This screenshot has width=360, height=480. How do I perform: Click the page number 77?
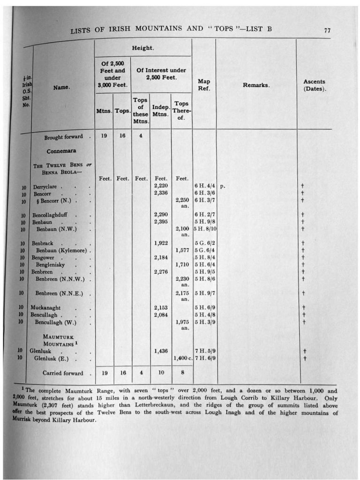click(x=327, y=30)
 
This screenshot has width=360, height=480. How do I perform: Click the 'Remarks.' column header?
click(x=255, y=85)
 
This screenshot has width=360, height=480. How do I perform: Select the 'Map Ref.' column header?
click(x=204, y=85)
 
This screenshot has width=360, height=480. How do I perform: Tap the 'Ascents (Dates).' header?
click(x=314, y=85)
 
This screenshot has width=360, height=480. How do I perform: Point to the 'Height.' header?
click(x=142, y=48)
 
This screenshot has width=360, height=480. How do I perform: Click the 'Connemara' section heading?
click(x=61, y=151)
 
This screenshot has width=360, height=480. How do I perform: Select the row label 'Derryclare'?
click(x=45, y=187)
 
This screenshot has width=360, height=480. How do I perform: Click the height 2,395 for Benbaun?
click(x=161, y=222)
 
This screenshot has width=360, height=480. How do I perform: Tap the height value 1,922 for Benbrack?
click(x=161, y=243)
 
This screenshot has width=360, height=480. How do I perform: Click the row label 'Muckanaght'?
click(x=46, y=307)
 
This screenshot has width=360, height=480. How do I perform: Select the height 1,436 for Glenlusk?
click(x=161, y=351)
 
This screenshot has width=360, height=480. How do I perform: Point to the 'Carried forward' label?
click(x=63, y=373)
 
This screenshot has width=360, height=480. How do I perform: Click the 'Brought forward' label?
click(x=64, y=137)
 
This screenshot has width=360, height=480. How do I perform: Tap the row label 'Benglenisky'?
click(x=50, y=265)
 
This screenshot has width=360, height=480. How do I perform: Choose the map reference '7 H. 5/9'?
click(x=205, y=351)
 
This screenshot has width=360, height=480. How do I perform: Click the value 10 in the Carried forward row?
click(x=161, y=373)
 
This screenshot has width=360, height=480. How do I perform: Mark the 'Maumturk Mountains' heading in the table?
click(x=58, y=340)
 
